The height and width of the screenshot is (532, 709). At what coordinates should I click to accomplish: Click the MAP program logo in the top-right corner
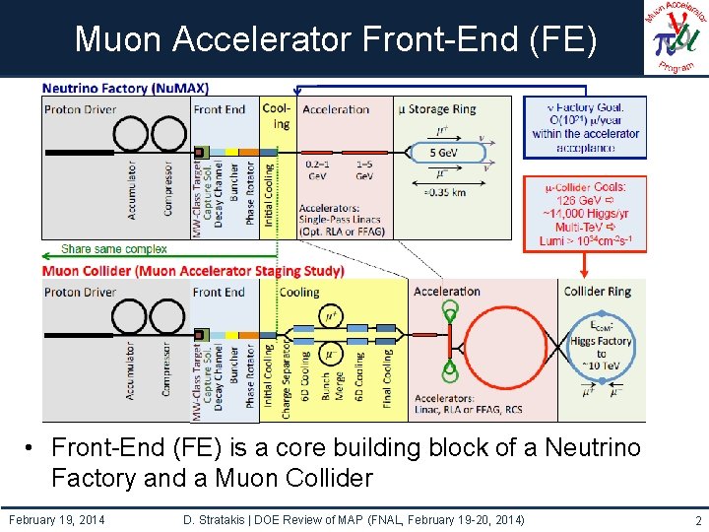[677, 37]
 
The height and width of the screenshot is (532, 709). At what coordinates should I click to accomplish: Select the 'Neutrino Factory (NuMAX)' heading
[125, 88]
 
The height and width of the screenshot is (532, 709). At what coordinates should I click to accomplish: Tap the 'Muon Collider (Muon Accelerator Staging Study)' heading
[193, 271]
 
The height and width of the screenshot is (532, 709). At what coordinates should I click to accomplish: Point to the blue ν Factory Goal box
[585, 126]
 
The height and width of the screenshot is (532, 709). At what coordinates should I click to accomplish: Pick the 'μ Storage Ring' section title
[437, 108]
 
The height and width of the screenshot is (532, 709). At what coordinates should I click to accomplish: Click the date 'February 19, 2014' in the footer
[56, 518]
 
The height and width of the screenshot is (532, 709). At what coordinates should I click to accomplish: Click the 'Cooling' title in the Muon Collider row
[299, 293]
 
